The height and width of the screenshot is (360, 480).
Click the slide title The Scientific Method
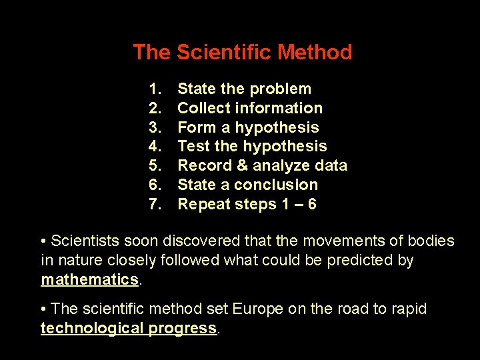click(x=242, y=52)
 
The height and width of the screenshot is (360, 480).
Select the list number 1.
click(x=155, y=89)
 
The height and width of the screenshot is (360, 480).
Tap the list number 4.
click(x=155, y=147)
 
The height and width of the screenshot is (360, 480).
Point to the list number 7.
click(x=155, y=204)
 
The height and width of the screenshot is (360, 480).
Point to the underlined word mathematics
click(x=89, y=279)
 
